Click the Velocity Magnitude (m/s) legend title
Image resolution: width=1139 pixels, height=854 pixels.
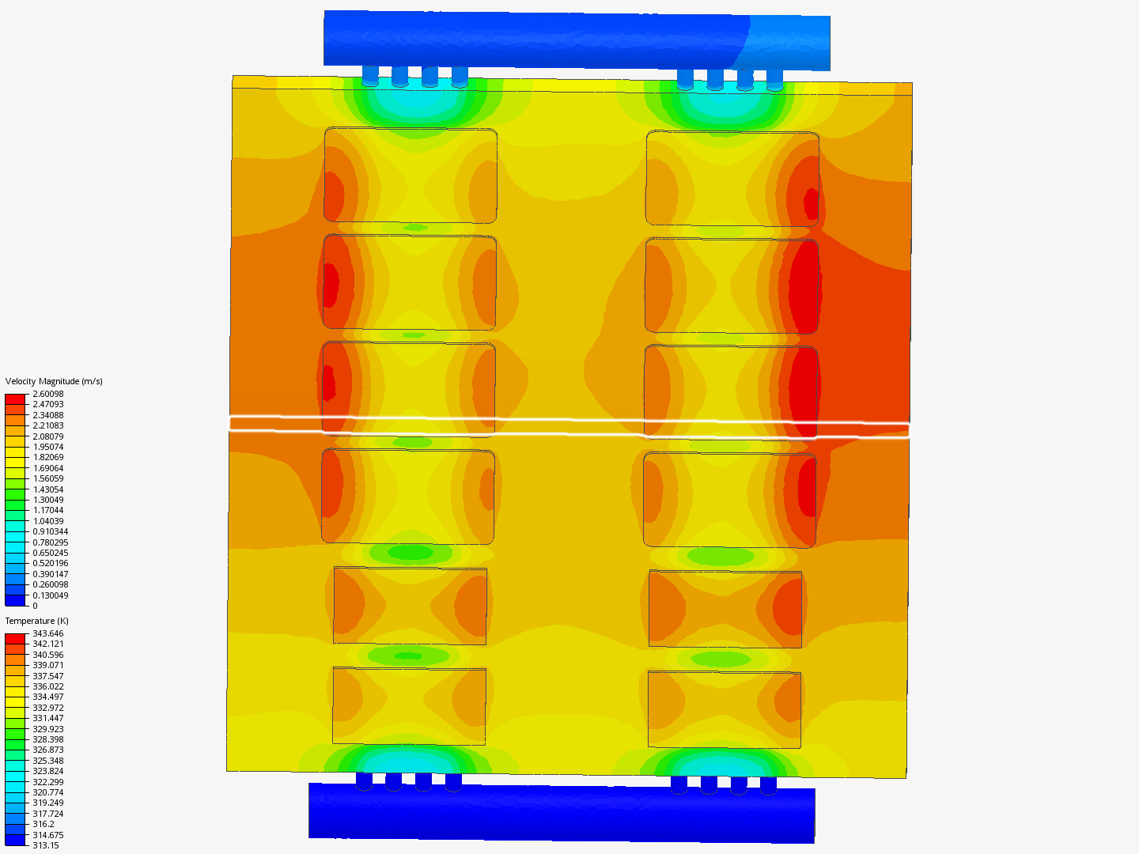point(54,381)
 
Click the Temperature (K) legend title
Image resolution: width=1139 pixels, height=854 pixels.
point(36,621)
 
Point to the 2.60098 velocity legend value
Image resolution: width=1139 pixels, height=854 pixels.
point(47,394)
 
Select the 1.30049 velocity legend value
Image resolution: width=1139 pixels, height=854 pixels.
point(47,500)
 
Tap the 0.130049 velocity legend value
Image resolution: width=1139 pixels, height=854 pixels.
point(50,595)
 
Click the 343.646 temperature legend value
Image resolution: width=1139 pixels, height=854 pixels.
point(47,633)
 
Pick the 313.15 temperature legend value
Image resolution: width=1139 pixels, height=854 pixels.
point(45,845)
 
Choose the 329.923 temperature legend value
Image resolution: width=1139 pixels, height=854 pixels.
point(47,729)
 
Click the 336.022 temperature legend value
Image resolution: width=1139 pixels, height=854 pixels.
point(47,686)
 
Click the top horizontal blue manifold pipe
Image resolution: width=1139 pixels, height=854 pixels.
point(577,39)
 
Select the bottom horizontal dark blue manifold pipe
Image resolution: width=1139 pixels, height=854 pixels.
point(561,812)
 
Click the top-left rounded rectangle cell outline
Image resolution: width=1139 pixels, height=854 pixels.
point(411,175)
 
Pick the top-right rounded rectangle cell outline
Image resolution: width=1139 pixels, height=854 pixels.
point(732,179)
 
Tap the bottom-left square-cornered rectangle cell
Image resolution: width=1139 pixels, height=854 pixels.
point(409,706)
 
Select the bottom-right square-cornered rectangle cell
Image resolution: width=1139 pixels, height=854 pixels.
point(724,709)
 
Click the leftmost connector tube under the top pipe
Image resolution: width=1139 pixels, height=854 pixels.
point(370,76)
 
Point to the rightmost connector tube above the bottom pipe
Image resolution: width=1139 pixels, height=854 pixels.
point(768,784)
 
